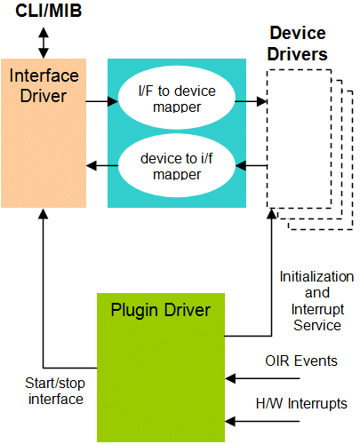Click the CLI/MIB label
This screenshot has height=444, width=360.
[48, 11]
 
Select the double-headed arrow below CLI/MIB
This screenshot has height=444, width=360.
[44, 43]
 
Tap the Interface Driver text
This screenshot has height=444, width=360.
[44, 85]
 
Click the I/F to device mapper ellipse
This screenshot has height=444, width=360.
[177, 98]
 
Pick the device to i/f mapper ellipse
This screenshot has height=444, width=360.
[177, 165]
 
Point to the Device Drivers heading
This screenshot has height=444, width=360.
[298, 44]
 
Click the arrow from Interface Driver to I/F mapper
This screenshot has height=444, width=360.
[102, 101]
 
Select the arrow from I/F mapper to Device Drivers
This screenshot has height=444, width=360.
[252, 101]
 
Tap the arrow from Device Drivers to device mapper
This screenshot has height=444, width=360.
[252, 165]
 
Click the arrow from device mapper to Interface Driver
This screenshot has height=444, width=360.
[102, 165]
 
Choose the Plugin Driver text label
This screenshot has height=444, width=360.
[161, 311]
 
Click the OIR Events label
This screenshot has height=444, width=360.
[301, 361]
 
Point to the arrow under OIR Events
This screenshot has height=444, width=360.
[262, 378]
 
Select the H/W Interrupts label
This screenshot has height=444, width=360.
[301, 403]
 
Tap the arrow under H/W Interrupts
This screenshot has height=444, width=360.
[262, 421]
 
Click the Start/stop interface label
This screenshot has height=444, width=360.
[55, 391]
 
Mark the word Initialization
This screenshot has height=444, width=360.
[316, 277]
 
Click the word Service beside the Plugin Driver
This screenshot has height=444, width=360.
[317, 325]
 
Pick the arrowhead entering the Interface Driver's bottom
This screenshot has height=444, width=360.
[44, 214]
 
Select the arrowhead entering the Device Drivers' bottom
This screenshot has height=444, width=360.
[272, 214]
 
